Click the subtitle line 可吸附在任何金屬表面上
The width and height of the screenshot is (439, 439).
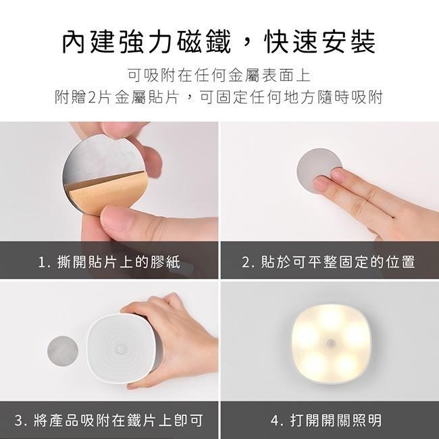[219, 74]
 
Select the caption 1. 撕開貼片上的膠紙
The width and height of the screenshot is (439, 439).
[109, 261]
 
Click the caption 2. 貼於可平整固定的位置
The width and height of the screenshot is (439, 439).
[328, 261]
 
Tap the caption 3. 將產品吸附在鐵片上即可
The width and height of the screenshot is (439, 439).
[109, 420]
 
